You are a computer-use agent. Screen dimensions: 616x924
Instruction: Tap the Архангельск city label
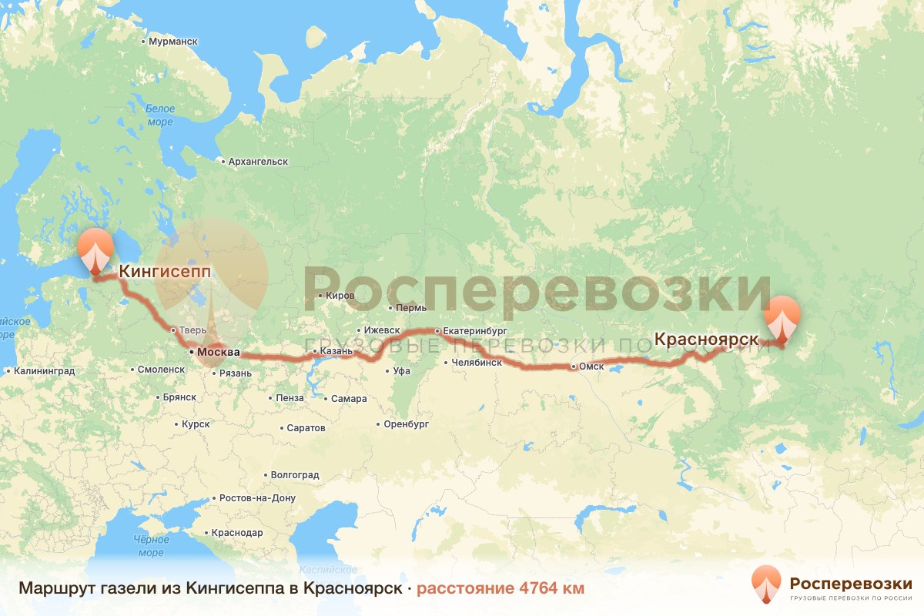coord(257,162)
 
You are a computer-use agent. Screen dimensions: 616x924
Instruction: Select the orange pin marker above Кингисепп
coord(95,249)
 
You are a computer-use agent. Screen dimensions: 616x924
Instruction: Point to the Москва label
coord(219,353)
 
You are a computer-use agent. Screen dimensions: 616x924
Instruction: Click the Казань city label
coord(336,351)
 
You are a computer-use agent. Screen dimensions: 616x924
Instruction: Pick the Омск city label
coord(591,367)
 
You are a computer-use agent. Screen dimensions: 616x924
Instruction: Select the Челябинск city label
coord(477,362)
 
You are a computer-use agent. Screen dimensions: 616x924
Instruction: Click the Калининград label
coord(43,370)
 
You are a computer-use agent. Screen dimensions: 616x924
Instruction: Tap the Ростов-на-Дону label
coord(257,498)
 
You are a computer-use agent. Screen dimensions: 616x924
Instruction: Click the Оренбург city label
coord(407,424)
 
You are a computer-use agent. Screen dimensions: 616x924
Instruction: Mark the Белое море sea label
coord(160,115)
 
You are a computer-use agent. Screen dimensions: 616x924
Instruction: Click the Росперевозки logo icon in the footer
coord(765,584)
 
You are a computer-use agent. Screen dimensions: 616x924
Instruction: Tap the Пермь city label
coord(410,308)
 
